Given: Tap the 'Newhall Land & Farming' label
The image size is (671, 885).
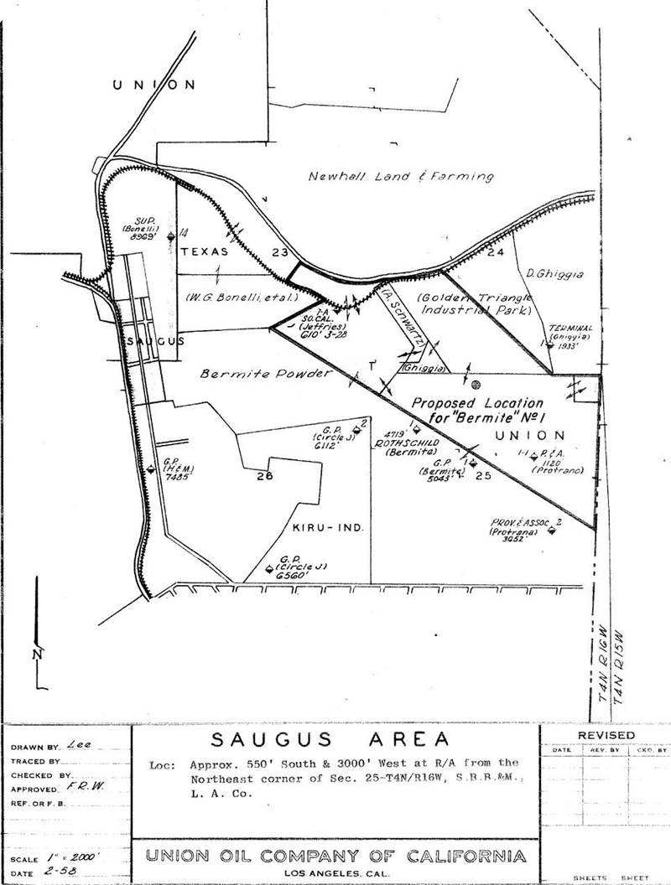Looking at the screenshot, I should tap(400, 177).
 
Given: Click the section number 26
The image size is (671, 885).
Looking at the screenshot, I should tap(266, 477).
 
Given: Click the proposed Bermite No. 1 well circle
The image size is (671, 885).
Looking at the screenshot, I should tap(476, 385).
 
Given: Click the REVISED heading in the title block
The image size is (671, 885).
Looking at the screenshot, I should tap(606, 735).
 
